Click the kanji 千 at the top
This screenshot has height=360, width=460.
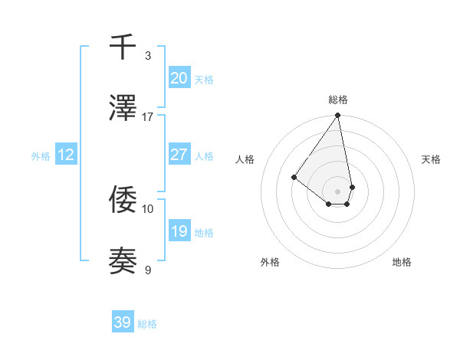click(123, 47)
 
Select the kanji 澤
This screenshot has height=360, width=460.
click(123, 110)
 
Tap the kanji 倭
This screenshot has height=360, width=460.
click(123, 200)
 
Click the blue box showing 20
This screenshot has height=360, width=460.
click(179, 78)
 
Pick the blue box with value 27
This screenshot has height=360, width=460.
click(179, 155)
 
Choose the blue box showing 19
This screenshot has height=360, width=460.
click(179, 231)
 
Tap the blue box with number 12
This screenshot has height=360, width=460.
click(65, 155)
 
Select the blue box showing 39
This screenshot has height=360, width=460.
click(123, 322)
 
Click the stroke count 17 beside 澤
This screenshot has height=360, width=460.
click(148, 117)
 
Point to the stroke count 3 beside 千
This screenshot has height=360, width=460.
click(148, 56)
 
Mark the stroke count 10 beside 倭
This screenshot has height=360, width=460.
click(148, 208)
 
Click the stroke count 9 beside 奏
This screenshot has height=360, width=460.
click(148, 270)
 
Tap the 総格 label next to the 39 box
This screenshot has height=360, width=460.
click(147, 324)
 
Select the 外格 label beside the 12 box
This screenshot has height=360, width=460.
click(41, 156)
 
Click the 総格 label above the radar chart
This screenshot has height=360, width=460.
click(338, 100)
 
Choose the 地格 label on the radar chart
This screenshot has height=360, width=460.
click(402, 262)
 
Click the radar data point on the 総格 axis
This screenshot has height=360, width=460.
click(338, 116)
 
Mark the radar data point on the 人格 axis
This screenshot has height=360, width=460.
click(294, 178)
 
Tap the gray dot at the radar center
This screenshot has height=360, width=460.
click(338, 191)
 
